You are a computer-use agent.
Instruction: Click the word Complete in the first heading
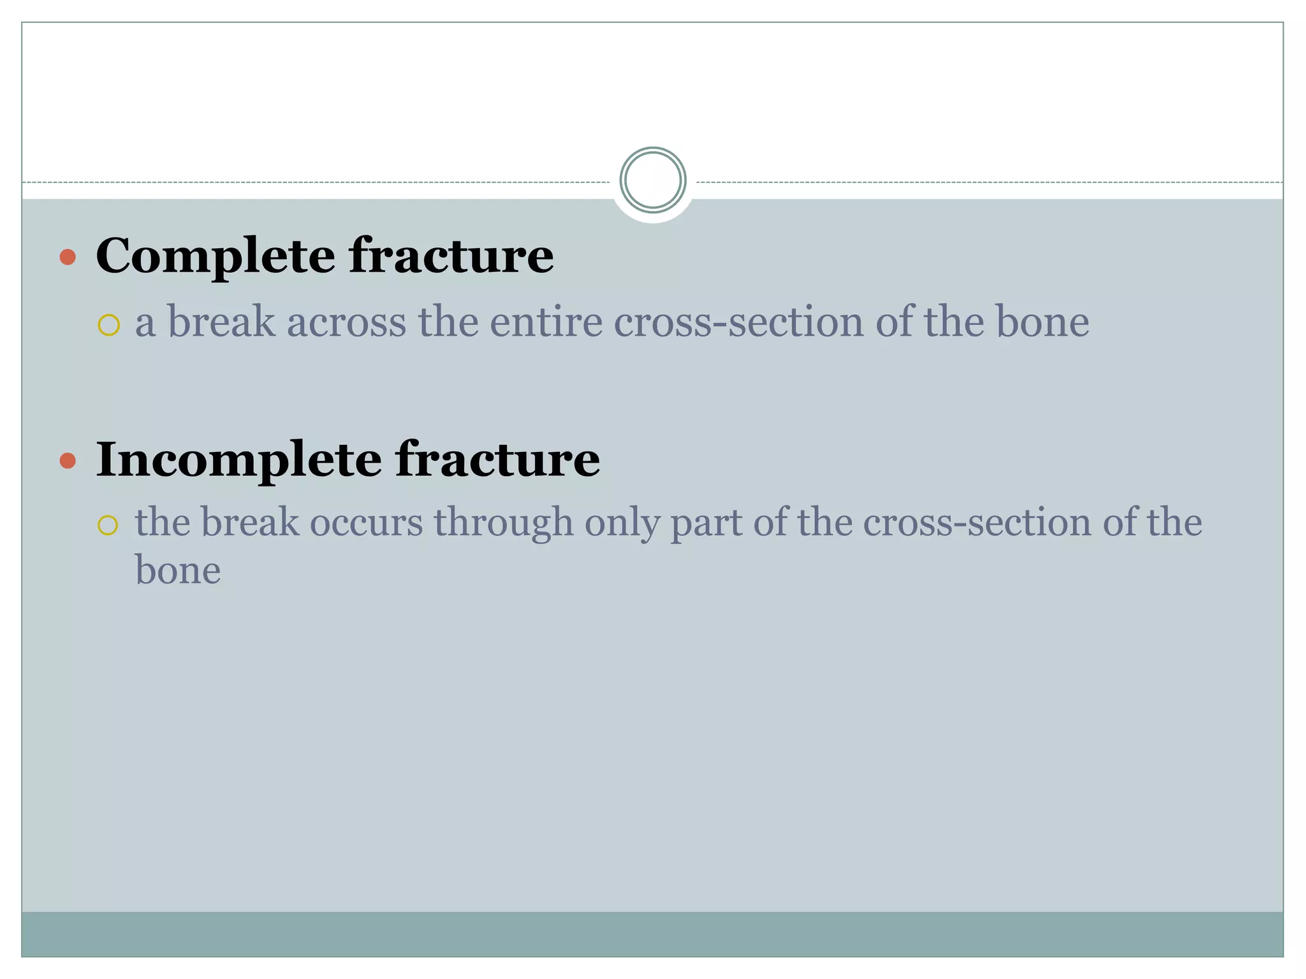(x=215, y=256)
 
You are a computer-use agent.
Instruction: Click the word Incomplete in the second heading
(x=238, y=459)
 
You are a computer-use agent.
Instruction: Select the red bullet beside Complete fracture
(x=68, y=257)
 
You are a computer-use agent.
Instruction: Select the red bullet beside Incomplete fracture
(x=68, y=460)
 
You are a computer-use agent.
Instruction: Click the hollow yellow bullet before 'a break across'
(x=109, y=325)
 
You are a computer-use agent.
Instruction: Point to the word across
(x=346, y=322)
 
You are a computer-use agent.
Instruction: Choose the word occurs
(x=366, y=523)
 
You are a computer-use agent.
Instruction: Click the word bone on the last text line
(x=178, y=570)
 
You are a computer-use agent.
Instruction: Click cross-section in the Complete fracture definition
(x=738, y=322)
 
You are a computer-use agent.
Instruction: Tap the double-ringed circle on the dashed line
(x=652, y=180)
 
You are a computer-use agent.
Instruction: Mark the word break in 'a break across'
(x=221, y=322)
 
